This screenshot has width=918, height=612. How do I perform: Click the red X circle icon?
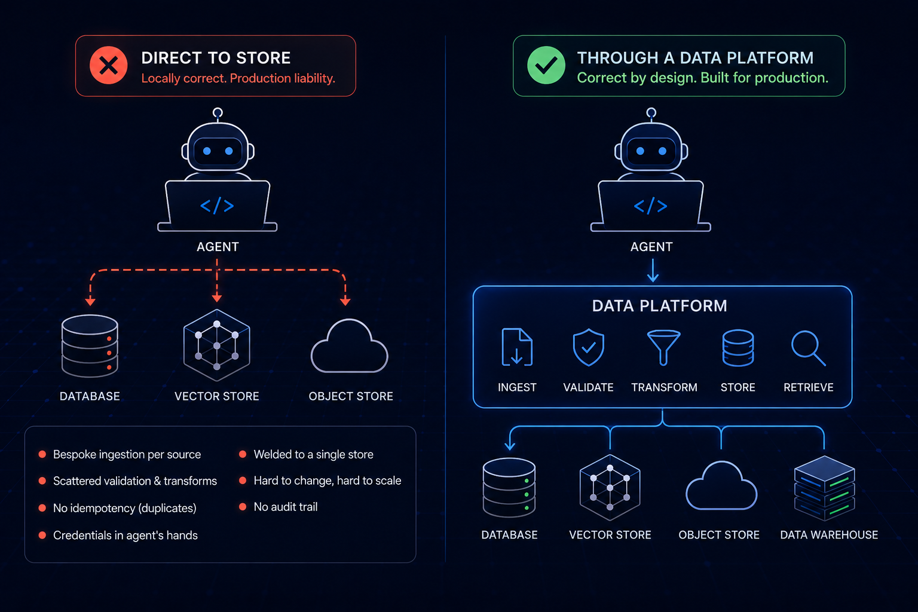tap(109, 66)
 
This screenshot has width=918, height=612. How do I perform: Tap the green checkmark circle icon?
tap(546, 66)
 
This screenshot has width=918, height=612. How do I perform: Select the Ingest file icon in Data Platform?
tap(517, 347)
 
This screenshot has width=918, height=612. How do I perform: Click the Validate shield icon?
tap(589, 347)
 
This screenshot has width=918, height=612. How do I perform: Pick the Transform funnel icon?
tap(663, 348)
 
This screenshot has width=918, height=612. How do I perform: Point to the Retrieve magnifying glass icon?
tap(808, 348)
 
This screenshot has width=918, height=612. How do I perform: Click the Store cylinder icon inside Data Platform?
tap(738, 348)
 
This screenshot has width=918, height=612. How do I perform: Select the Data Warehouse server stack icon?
tap(825, 488)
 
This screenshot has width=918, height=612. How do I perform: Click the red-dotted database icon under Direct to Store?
tap(90, 345)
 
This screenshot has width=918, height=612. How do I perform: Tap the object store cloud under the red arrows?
tap(350, 347)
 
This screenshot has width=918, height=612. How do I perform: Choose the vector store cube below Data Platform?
tap(610, 487)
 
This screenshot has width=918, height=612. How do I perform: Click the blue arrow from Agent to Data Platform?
tap(653, 270)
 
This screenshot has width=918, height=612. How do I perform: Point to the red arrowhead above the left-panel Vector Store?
tap(217, 298)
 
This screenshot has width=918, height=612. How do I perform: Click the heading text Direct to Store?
tap(216, 58)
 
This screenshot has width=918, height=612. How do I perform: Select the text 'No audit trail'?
tap(286, 507)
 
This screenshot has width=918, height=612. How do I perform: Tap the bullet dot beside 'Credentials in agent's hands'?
tap(42, 535)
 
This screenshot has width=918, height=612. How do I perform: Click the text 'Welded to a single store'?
tap(314, 454)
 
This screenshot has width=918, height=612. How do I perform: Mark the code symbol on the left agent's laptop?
tap(217, 206)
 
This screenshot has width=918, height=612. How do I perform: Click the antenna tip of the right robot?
tap(651, 112)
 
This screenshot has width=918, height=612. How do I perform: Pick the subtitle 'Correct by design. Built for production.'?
tap(702, 78)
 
